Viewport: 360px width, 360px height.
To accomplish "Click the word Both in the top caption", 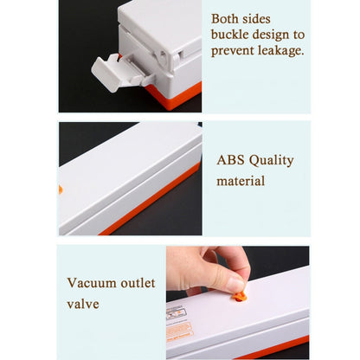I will point(228,17).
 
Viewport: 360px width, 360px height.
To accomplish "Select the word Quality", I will point(272,160).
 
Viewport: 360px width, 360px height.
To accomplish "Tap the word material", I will point(241,182).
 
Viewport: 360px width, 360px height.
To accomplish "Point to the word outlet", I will point(138,282).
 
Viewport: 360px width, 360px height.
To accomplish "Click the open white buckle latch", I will point(111,71).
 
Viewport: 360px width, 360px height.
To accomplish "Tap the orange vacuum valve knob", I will point(240,297).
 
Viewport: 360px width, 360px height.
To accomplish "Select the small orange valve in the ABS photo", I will point(61,189).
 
